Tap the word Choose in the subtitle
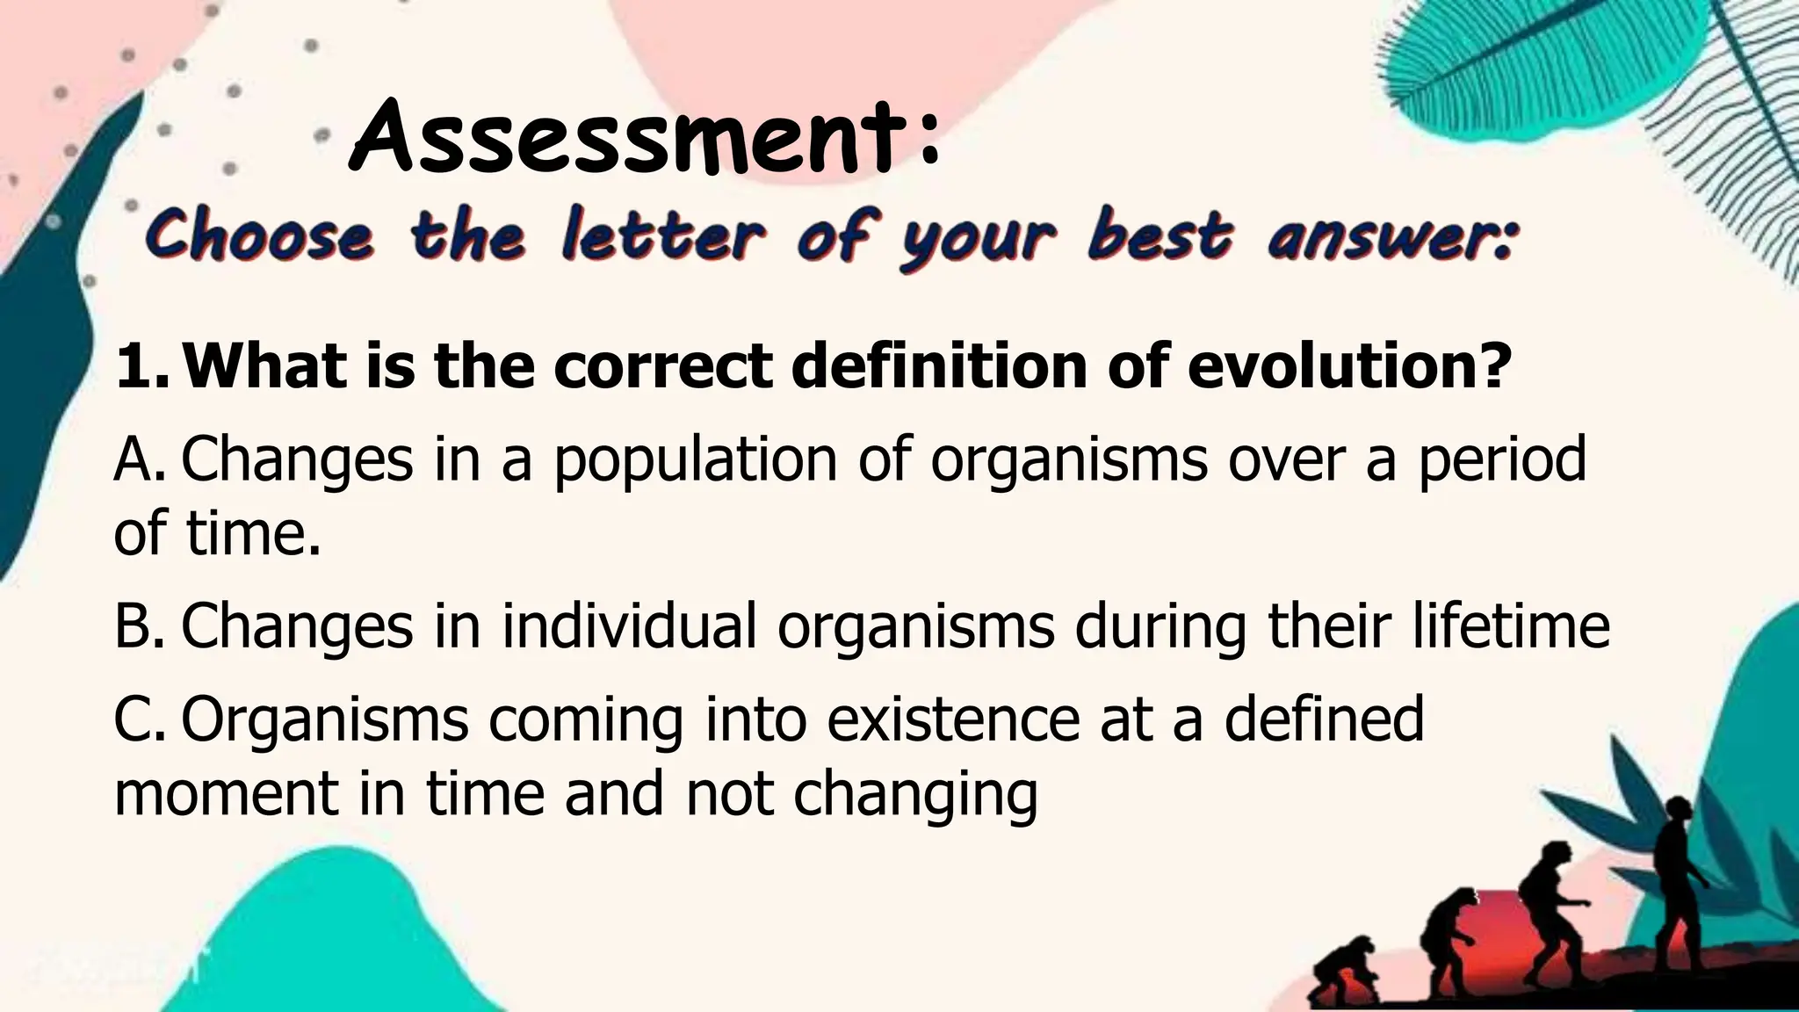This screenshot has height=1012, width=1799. click(260, 236)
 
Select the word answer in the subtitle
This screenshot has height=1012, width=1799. click(1391, 238)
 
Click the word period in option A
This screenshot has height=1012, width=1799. click(1502, 460)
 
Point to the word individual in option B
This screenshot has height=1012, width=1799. click(629, 626)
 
